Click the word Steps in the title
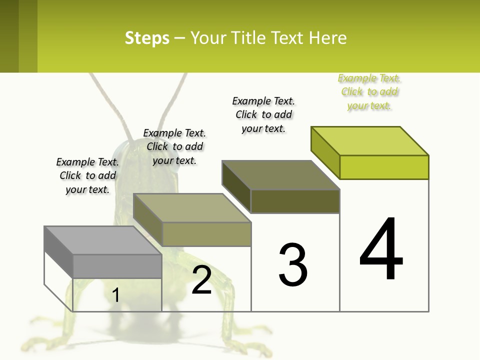[x=147, y=38]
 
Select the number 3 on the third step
[x=292, y=265]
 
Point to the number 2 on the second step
[x=201, y=280]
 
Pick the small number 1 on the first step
[x=116, y=295]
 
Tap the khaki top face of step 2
[x=192, y=208]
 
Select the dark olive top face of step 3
[x=280, y=175]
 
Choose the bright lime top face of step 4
[x=370, y=141]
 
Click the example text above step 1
[x=87, y=175]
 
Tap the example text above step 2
[x=174, y=146]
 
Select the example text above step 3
[x=263, y=114]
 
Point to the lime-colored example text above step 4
[x=369, y=91]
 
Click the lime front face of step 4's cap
[x=384, y=167]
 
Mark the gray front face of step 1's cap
[x=117, y=266]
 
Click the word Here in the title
[x=327, y=38]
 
